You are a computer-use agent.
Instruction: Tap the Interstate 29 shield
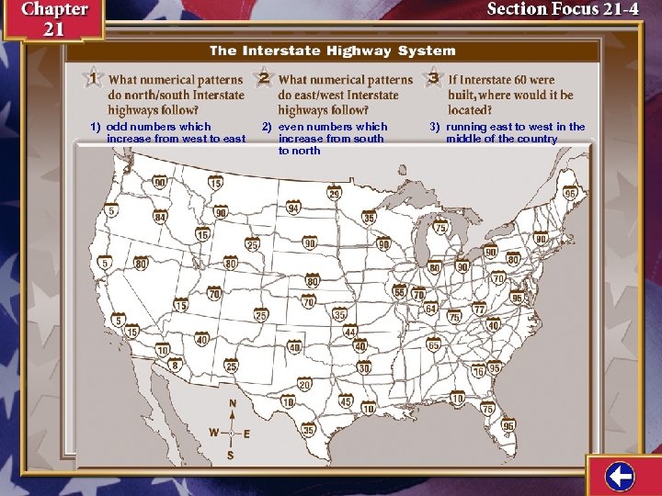pyautogui.click(x=335, y=194)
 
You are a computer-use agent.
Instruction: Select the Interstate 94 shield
pyautogui.click(x=293, y=209)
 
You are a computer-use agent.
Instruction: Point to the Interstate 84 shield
pyautogui.click(x=160, y=218)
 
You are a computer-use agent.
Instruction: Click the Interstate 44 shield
pyautogui.click(x=350, y=332)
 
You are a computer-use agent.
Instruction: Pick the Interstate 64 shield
pyautogui.click(x=430, y=309)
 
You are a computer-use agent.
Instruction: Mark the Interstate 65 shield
pyautogui.click(x=433, y=346)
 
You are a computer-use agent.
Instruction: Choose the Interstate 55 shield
pyautogui.click(x=399, y=291)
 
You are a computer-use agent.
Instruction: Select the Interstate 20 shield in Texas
pyautogui.click(x=304, y=384)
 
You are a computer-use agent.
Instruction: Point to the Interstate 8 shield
pyautogui.click(x=175, y=366)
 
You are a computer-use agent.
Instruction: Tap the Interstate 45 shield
pyautogui.click(x=346, y=402)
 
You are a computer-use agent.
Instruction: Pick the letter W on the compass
pyautogui.click(x=213, y=432)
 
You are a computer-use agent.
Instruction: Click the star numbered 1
pyautogui.click(x=92, y=76)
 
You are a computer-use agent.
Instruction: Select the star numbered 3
pyautogui.click(x=433, y=76)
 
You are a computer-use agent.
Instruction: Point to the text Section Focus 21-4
pyautogui.click(x=563, y=9)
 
